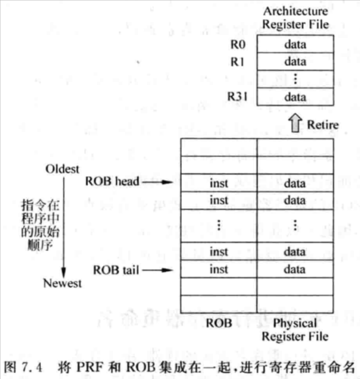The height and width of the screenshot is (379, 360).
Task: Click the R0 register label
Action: click(238, 44)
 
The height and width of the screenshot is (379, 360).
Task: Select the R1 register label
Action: click(237, 62)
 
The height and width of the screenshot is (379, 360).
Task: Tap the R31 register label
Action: click(237, 97)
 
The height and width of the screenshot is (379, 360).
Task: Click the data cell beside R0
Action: click(295, 44)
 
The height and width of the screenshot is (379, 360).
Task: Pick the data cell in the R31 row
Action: click(295, 97)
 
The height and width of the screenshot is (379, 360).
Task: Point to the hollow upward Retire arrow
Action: click(295, 123)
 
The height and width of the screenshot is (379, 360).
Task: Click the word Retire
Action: click(323, 125)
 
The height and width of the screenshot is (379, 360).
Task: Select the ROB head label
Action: click(112, 181)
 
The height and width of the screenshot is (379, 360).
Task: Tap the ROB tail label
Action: click(116, 270)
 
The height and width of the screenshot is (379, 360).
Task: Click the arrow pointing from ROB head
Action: click(158, 182)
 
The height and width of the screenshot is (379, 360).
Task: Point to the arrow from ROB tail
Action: click(158, 270)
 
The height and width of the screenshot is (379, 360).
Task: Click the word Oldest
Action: click(63, 169)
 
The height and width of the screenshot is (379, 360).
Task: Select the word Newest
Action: click(63, 283)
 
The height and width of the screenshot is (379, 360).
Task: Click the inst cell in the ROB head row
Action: click(219, 183)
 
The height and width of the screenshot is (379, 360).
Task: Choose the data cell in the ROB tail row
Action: click(295, 269)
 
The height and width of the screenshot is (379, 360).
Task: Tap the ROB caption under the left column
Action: click(219, 323)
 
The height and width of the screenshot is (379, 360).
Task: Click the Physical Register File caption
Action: click(295, 329)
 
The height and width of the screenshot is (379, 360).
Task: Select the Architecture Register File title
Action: click(295, 18)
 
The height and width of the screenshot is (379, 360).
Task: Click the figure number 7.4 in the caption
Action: click(32, 367)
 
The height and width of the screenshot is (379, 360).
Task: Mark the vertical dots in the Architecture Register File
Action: click(295, 79)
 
